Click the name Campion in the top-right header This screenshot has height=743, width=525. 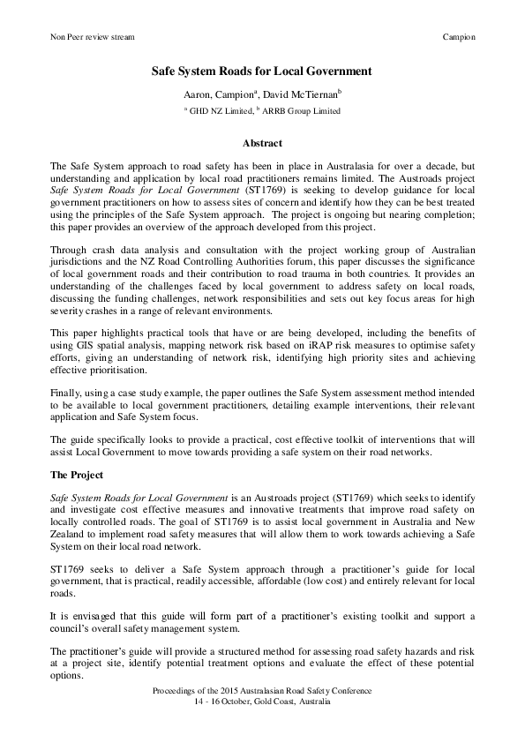458,38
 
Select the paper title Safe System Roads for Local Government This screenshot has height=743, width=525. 262,71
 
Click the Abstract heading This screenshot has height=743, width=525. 262,142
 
